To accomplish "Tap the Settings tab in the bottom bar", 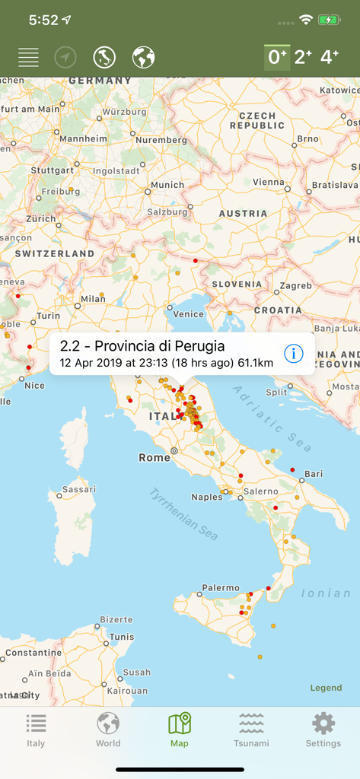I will (x=323, y=730).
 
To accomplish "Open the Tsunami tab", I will (x=251, y=730).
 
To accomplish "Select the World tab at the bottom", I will (x=108, y=730).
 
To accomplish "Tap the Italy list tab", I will (x=36, y=730).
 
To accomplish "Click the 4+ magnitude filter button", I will (x=330, y=57).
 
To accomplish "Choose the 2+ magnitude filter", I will (x=303, y=57).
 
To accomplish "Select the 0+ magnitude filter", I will (x=276, y=57).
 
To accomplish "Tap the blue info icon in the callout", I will (x=294, y=353).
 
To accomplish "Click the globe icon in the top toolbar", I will (x=143, y=57).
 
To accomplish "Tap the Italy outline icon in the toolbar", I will (x=104, y=57).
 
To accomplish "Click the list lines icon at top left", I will (x=28, y=57).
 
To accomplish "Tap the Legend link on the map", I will (x=326, y=688).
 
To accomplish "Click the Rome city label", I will (x=155, y=457).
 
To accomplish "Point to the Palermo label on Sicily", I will (x=221, y=588).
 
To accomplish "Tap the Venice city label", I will (x=189, y=314).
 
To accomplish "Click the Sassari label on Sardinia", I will (x=79, y=489).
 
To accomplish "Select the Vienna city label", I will (x=268, y=182).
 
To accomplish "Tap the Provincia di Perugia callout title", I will (x=142, y=346).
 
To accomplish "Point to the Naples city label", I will (x=207, y=497).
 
